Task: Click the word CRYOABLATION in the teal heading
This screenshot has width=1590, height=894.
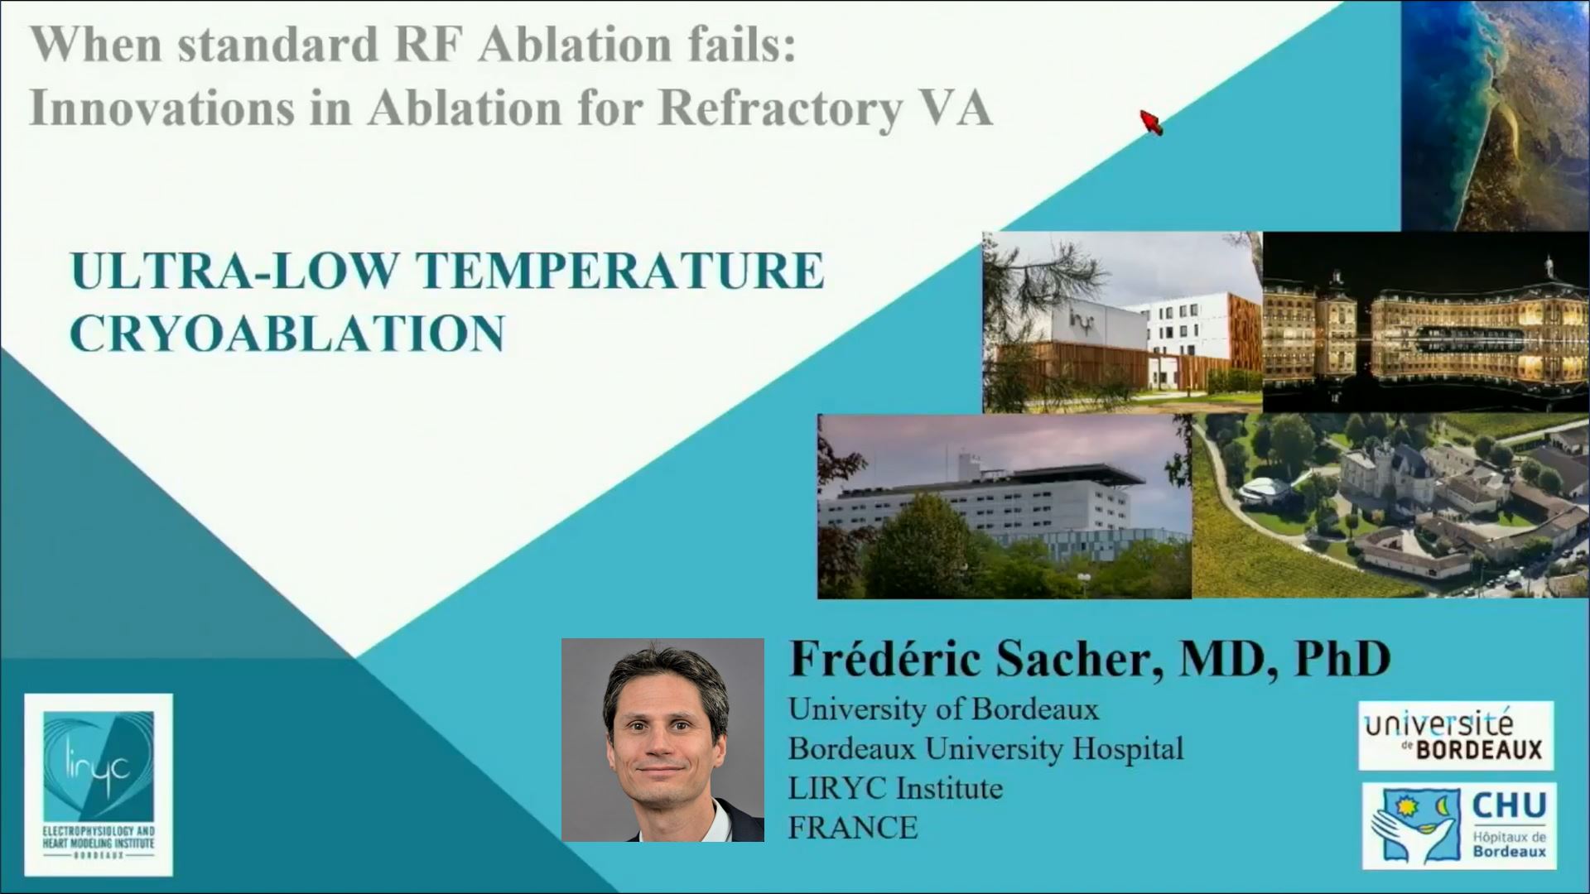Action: pyautogui.click(x=287, y=334)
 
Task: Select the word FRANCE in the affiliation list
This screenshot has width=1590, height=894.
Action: pyautogui.click(x=853, y=827)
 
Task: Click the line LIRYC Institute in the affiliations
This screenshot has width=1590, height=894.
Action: pyautogui.click(x=895, y=788)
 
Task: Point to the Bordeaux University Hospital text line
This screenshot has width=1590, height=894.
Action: pyautogui.click(x=985, y=748)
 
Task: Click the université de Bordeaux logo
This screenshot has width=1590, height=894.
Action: pyautogui.click(x=1455, y=735)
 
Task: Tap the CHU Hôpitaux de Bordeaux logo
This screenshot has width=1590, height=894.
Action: pyautogui.click(x=1458, y=826)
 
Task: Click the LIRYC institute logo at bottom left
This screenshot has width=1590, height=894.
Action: pyautogui.click(x=99, y=784)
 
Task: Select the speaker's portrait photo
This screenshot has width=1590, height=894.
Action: pyautogui.click(x=662, y=740)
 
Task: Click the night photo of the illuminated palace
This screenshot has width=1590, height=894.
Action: pyautogui.click(x=1425, y=322)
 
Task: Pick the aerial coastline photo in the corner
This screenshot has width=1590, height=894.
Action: pyautogui.click(x=1495, y=114)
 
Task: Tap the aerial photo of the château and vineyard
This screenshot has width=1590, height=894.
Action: pyautogui.click(x=1390, y=507)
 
